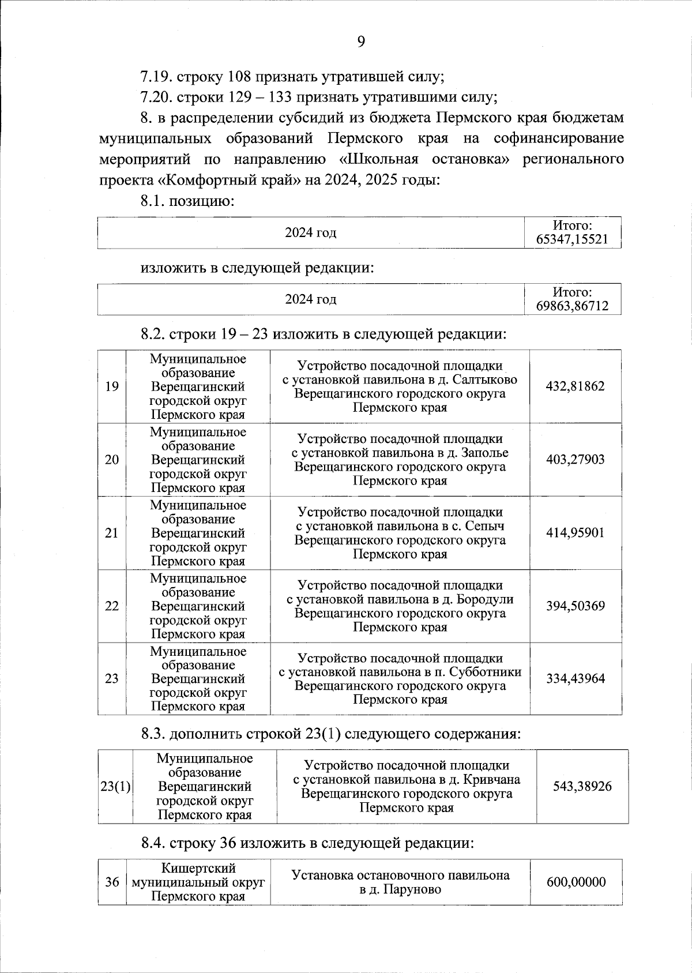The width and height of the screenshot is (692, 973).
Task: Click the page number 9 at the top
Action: point(361,42)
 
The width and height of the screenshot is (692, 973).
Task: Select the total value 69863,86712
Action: point(572,306)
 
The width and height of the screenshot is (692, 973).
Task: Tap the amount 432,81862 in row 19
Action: point(575,386)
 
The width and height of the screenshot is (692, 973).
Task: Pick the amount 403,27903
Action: point(575,460)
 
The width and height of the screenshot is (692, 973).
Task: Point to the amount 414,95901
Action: point(575,533)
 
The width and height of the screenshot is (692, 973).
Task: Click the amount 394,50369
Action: point(575,606)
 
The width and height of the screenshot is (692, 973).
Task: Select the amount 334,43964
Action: point(575,678)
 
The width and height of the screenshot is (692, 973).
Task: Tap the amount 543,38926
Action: point(582,786)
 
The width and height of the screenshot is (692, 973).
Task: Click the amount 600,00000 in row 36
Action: point(575,882)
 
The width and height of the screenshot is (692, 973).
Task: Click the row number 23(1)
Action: point(115,786)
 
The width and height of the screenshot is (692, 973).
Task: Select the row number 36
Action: point(112,882)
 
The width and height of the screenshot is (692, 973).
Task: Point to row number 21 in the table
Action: point(112,533)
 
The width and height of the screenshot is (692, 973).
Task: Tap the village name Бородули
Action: point(488,599)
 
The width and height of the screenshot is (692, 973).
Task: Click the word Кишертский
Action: point(198,868)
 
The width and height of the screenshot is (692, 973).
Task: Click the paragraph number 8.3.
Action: point(153,734)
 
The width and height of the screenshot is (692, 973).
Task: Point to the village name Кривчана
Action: point(492,780)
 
